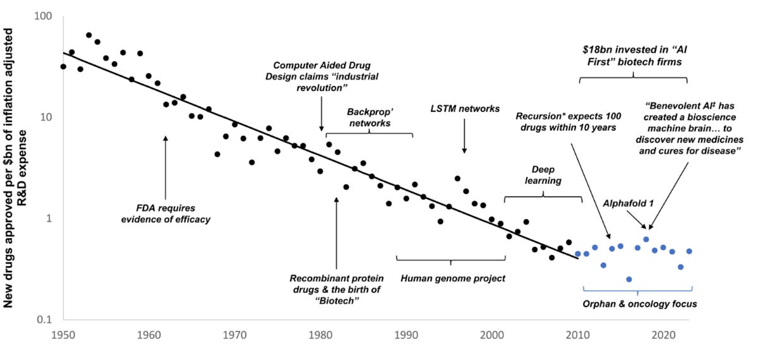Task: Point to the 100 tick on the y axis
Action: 42,16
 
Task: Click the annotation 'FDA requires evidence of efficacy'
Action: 165,213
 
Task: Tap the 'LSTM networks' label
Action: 464,109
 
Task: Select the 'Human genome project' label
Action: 453,278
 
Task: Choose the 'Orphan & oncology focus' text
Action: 639,304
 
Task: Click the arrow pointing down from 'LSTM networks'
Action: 464,136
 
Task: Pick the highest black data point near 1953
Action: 89,35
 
